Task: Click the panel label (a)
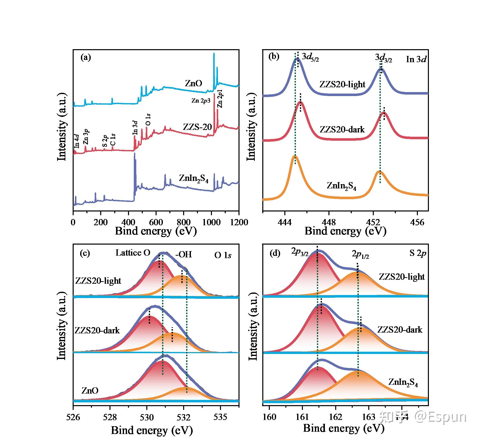[x=86, y=58]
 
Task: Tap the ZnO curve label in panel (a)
[x=193, y=83]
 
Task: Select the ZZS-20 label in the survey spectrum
[x=197, y=127]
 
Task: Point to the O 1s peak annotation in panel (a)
[x=148, y=120]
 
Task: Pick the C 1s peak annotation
[x=113, y=140]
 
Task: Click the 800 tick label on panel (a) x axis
[x=184, y=222]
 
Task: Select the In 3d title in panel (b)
[x=416, y=59]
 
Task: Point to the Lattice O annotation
[x=133, y=253]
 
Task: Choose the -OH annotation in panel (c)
[x=184, y=254]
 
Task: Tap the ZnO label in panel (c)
[x=90, y=391]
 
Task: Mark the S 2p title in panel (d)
[x=418, y=253]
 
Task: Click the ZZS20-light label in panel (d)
[x=402, y=277]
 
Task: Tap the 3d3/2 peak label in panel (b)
[x=383, y=58]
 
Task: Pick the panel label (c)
[x=85, y=253]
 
